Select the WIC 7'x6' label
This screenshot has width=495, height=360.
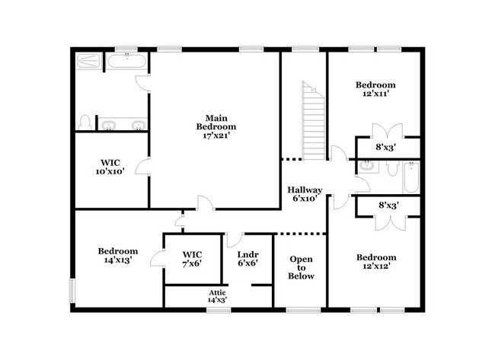(192, 259)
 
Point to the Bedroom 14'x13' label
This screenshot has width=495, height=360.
(117, 256)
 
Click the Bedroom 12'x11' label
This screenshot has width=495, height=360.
(375, 90)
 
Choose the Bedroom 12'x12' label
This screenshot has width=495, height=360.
(375, 263)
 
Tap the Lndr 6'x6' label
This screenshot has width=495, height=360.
(247, 259)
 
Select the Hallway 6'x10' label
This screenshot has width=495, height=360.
(305, 195)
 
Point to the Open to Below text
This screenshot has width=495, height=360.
(301, 268)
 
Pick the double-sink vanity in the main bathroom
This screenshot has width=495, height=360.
(123, 124)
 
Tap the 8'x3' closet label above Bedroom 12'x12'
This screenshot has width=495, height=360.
(389, 205)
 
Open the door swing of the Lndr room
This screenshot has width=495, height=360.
(234, 238)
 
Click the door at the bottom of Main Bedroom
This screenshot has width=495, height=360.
(204, 203)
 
